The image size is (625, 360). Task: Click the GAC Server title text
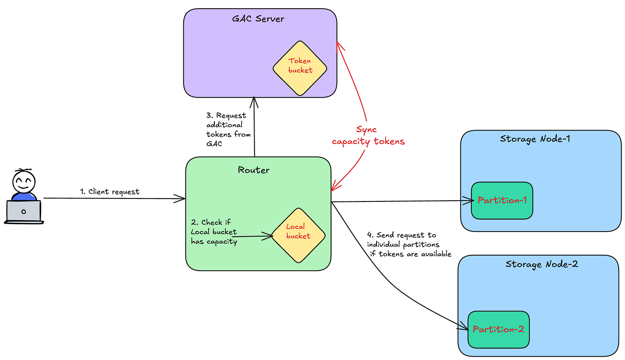(258, 19)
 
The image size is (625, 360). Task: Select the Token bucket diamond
(300, 68)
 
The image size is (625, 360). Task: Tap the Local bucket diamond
(299, 235)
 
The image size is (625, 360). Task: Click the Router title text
(254, 170)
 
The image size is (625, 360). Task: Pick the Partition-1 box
(502, 201)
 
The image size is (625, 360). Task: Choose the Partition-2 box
(499, 329)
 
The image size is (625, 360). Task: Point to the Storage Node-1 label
(535, 139)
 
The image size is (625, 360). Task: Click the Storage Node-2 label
(542, 264)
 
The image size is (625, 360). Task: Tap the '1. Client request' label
(109, 192)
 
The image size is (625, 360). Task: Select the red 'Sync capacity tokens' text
(368, 135)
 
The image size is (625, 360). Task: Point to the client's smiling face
(24, 182)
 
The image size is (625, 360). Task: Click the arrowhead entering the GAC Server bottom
(254, 102)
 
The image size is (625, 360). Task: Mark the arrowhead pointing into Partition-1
(469, 200)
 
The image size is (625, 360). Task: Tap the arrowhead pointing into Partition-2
(464, 326)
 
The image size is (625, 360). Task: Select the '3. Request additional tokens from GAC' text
(228, 129)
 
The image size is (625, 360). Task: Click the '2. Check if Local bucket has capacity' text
(214, 232)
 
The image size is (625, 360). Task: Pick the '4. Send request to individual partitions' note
(409, 244)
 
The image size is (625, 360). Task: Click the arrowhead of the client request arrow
(180, 198)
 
